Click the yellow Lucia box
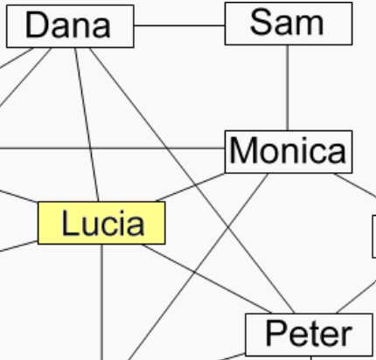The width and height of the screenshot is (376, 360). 101,223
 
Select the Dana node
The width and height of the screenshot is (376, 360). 70,26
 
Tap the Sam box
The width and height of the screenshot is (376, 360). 289,24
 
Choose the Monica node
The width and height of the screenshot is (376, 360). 289,152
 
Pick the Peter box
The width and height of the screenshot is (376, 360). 309,335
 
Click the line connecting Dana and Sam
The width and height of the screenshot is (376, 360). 179,25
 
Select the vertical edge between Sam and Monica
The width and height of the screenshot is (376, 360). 288,87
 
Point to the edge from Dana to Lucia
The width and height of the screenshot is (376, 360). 87,125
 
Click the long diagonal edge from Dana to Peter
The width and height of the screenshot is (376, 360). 191,181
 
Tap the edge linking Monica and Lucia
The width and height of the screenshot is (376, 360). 190,187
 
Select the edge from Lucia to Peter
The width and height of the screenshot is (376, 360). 206,279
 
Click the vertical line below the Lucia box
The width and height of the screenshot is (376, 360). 101,302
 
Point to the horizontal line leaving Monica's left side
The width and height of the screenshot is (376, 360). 112,149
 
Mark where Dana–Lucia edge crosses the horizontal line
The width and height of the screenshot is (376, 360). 91,149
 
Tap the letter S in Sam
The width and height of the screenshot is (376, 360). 261,22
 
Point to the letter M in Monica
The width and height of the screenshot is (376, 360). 244,150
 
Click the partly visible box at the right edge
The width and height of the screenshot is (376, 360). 374,237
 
